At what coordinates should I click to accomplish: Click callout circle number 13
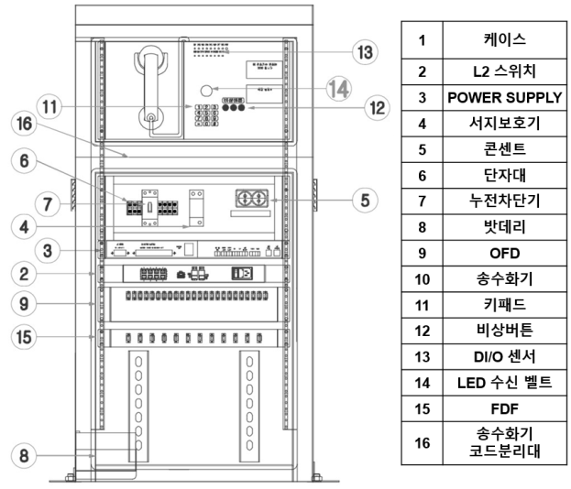[366, 51]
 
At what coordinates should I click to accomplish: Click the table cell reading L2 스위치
[504, 69]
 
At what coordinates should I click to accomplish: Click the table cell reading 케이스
[504, 40]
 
